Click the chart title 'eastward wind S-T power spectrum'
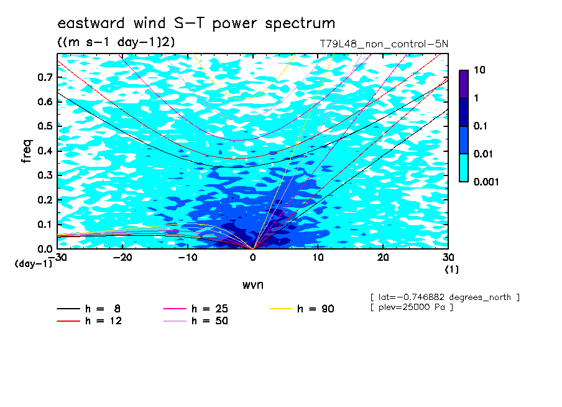point(196,24)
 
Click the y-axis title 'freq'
point(27,151)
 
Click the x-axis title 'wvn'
point(253,285)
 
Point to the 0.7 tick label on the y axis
point(45,77)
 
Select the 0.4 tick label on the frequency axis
point(45,151)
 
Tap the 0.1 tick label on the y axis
point(45,224)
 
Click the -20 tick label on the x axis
point(122,258)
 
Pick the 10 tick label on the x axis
point(318,258)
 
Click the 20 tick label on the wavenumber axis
point(383,258)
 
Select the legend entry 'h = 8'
point(89,309)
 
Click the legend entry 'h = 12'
point(90,320)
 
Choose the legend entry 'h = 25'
point(196,309)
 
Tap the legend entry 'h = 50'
point(196,320)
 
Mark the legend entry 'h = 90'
point(302,309)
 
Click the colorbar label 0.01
point(484,154)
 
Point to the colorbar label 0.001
point(486,182)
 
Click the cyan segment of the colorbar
point(464,168)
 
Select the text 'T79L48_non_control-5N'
point(384,44)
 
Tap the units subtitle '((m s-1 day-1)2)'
point(116,42)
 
